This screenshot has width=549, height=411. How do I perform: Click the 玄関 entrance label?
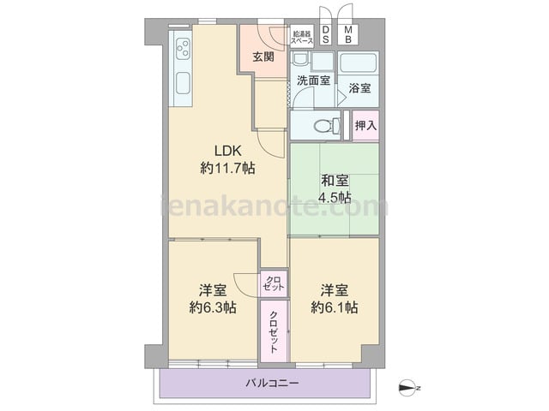pyautogui.click(x=263, y=57)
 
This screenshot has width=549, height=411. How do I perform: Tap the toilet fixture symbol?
pyautogui.click(x=326, y=126)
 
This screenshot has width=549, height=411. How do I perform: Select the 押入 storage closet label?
pyautogui.click(x=365, y=125)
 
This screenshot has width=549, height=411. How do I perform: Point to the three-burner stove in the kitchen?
pyautogui.click(x=183, y=49)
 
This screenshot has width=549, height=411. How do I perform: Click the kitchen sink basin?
pyautogui.click(x=183, y=83)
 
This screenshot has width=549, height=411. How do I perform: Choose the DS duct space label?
pyautogui.click(x=326, y=34)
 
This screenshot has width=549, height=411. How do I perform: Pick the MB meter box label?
pyautogui.click(x=348, y=34)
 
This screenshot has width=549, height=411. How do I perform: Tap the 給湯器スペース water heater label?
pyautogui.click(x=302, y=38)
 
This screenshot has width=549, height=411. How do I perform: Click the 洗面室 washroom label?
pyautogui.click(x=313, y=80)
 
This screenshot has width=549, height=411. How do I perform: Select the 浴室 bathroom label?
pyautogui.click(x=359, y=88)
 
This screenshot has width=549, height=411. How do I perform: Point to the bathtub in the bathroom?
pyautogui.click(x=359, y=63)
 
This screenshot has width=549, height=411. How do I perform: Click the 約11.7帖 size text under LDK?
pyautogui.click(x=227, y=169)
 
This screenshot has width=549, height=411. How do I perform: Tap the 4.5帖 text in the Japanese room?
pyautogui.click(x=335, y=198)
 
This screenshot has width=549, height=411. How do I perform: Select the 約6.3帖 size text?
pyautogui.click(x=213, y=307)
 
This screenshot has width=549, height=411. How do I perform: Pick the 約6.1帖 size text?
pyautogui.click(x=335, y=307)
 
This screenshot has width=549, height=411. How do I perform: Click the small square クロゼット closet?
pyautogui.click(x=274, y=283)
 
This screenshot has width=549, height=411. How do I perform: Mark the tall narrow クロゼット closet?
pyautogui.click(x=274, y=331)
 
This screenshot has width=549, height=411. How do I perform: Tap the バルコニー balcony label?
pyautogui.click(x=272, y=383)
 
